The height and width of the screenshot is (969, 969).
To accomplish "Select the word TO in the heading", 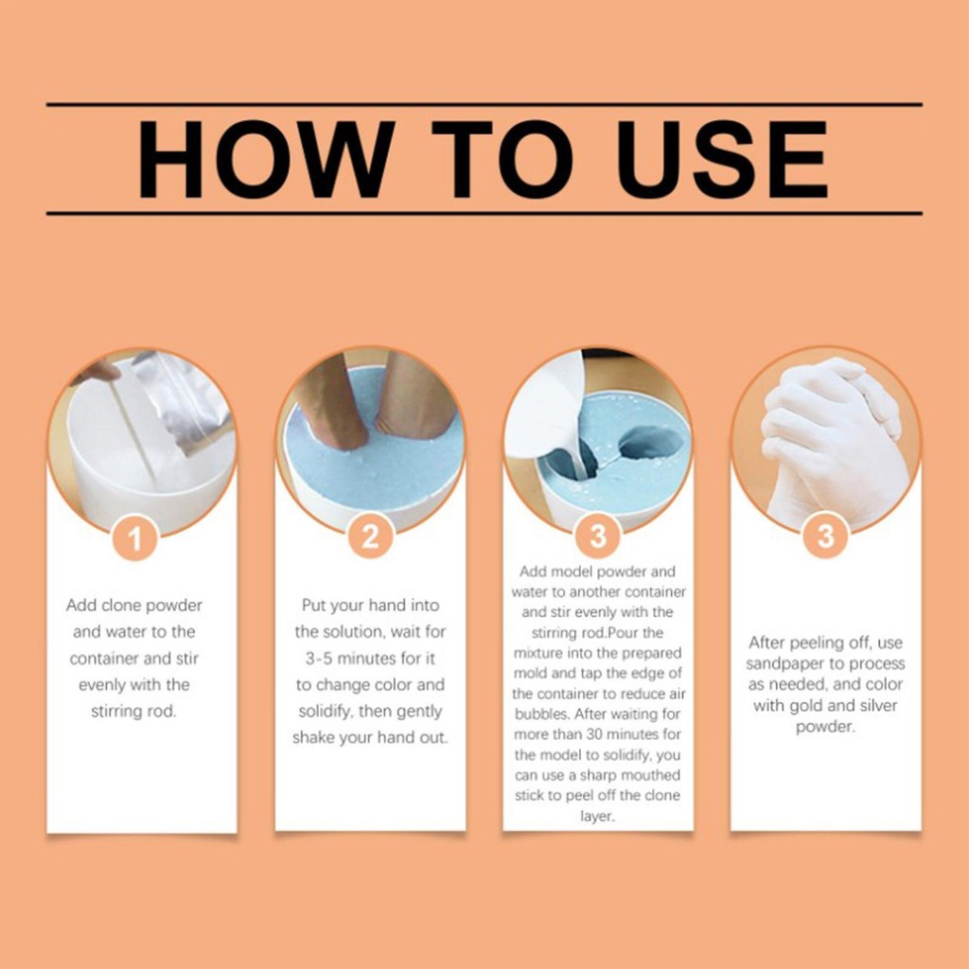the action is (502, 159).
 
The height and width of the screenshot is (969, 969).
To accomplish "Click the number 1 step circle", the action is (135, 537).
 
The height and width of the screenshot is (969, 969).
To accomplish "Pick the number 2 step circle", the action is (370, 536).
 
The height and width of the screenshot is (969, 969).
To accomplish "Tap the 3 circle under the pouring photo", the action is (598, 536).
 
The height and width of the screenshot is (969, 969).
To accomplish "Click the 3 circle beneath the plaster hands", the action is (825, 536).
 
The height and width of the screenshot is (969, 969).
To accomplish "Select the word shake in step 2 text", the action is (313, 738).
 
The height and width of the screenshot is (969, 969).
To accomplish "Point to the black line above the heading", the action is (484, 104).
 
